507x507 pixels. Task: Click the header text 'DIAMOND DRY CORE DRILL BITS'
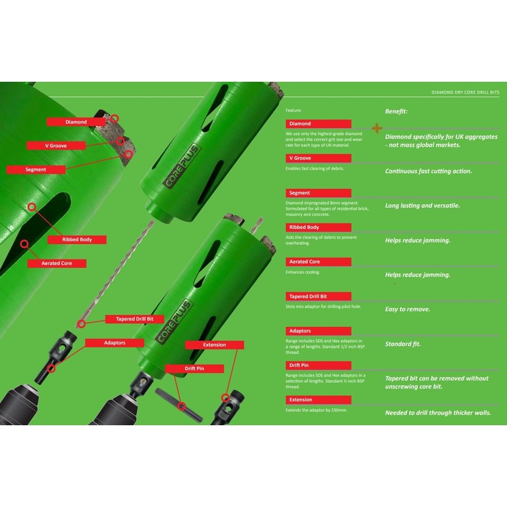[465, 93]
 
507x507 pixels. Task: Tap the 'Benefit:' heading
[396, 111]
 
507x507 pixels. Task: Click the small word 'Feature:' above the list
[294, 110]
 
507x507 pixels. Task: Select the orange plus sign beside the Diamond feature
[378, 128]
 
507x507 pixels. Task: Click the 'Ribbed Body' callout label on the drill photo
[76, 240]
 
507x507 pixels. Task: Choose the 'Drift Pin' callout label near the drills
[195, 368]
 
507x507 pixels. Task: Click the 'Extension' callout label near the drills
[214, 345]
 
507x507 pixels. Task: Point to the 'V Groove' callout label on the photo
[56, 145]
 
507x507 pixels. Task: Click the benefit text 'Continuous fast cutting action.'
[428, 171]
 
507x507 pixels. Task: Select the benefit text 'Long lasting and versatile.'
[423, 205]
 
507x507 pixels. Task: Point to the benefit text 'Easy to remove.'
[408, 309]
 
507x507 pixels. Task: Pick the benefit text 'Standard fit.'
[403, 344]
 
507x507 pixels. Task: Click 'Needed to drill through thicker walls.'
[438, 413]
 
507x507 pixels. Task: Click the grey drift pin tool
[179, 404]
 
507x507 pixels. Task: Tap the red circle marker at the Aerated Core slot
[23, 243]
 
